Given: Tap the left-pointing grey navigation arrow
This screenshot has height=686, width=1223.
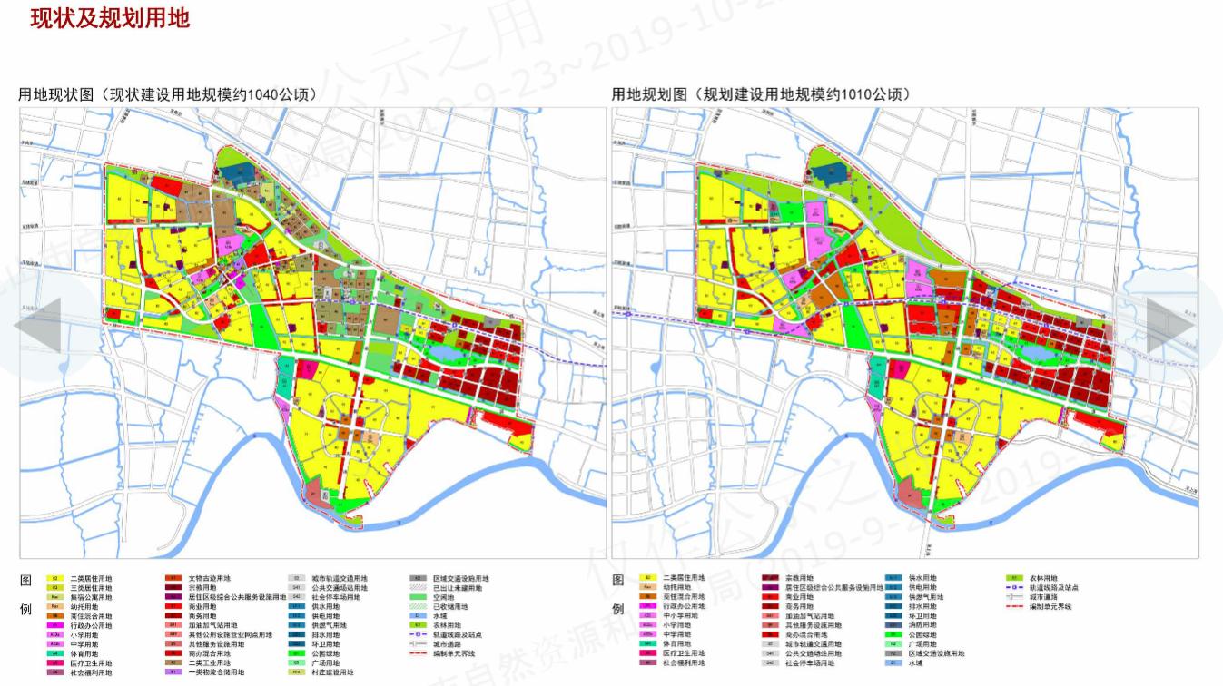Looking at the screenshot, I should point(36,324).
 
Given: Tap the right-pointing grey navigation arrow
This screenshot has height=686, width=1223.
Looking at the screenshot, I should point(1171,324).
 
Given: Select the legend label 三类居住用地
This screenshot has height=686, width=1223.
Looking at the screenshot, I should point(91,587).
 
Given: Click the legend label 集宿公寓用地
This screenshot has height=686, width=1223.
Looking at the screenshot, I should point(91,597).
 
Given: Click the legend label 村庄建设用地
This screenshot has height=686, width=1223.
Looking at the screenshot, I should point(331,673).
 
